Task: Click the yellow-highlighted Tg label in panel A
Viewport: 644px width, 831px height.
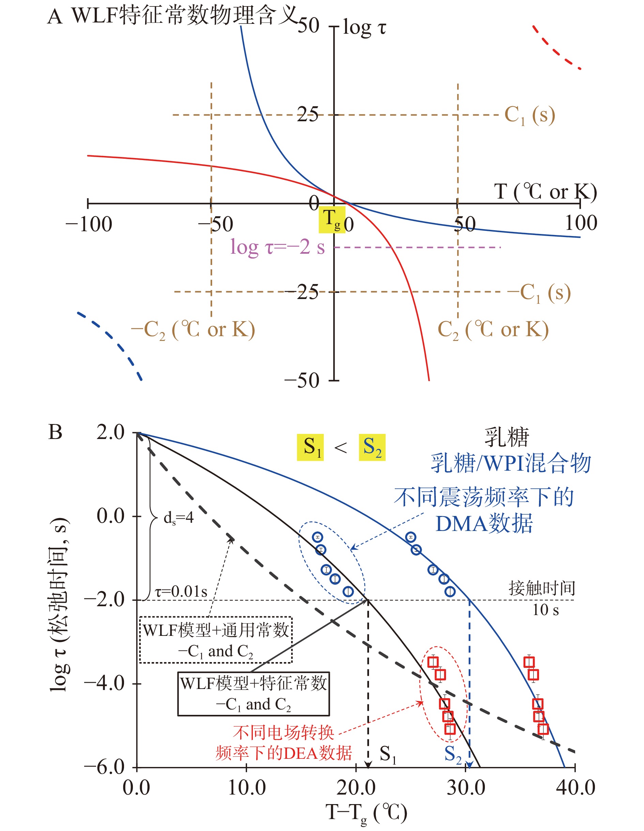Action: pos(332,220)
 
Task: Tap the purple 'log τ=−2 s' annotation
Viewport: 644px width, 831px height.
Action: pos(277,247)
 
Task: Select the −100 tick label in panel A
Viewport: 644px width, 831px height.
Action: pos(89,224)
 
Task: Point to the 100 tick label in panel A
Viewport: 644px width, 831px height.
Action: pos(580,223)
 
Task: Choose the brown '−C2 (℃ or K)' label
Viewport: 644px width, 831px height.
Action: pos(193,330)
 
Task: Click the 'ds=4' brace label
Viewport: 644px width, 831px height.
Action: pos(179,518)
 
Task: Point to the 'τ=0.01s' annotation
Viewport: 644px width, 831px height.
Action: pos(181,591)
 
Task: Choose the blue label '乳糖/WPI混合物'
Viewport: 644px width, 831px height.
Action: pos(511,463)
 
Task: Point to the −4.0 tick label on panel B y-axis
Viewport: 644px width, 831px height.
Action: pos(104,684)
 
